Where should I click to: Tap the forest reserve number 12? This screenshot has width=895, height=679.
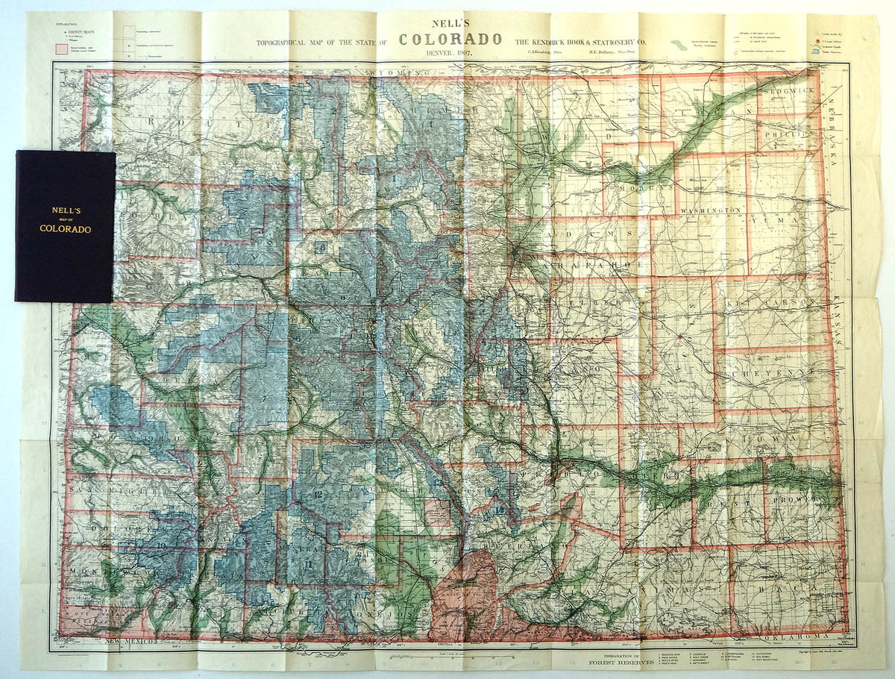click(318, 494)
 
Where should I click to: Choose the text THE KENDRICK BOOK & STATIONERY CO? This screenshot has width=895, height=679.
click(580, 41)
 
